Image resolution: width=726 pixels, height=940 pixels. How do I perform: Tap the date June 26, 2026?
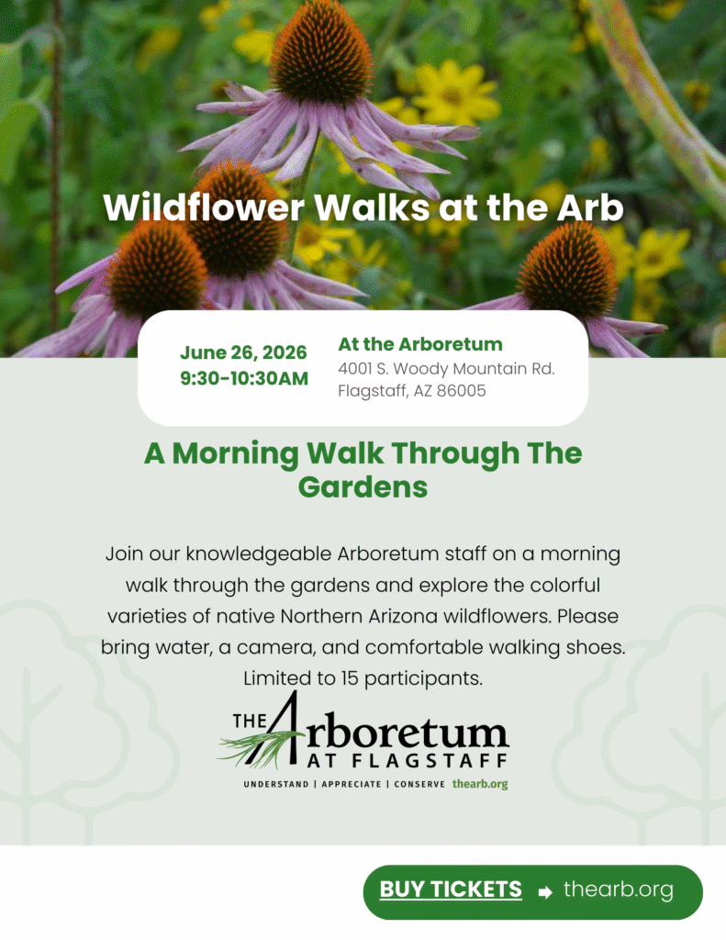pyautogui.click(x=243, y=352)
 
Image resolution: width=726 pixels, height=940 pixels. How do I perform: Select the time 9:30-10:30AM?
pyautogui.click(x=243, y=377)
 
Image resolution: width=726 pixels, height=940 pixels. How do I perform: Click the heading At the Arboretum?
pyautogui.click(x=420, y=344)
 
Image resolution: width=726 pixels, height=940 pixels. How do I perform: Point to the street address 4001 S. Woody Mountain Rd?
pyautogui.click(x=446, y=369)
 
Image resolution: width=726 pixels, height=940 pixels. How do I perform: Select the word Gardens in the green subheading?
pyautogui.click(x=363, y=487)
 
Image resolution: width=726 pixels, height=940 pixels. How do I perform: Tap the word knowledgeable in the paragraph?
pyautogui.click(x=260, y=554)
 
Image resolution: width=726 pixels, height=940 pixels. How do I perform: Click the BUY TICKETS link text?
pyautogui.click(x=451, y=890)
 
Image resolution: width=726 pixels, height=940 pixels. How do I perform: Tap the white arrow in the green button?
pyautogui.click(x=545, y=891)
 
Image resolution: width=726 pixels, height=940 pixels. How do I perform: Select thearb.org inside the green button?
pyautogui.click(x=618, y=890)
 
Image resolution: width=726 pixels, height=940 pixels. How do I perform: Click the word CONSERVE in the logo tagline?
pyautogui.click(x=419, y=785)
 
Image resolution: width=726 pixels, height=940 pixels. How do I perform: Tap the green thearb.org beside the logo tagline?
pyautogui.click(x=480, y=785)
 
